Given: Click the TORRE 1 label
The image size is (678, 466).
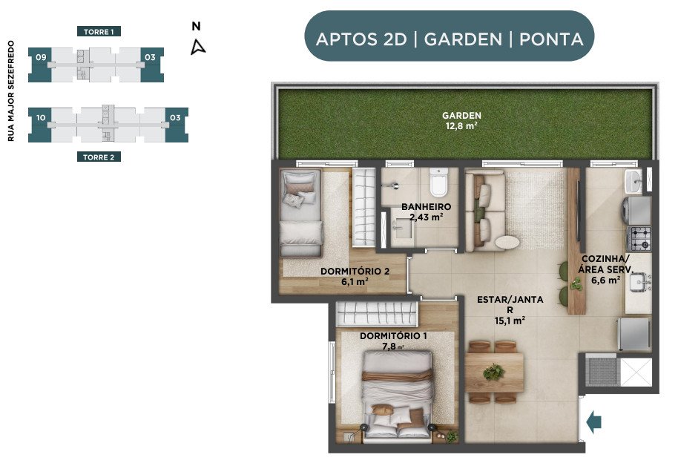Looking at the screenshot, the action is coord(99,32).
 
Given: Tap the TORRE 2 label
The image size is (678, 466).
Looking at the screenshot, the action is coord(99,157).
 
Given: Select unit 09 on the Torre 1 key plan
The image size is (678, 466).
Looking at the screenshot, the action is coord(40,65).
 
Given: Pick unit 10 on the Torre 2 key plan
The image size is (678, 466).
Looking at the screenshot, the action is coord(40,125).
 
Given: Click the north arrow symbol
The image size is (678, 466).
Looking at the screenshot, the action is coord(197,47).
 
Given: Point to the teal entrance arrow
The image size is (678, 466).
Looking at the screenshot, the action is coord(594,421).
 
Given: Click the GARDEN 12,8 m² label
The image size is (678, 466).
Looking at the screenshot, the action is coord(462,121).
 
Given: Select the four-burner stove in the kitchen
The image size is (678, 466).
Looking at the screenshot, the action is coord(639,238).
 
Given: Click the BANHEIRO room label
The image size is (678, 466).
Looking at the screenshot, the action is coord(426,207).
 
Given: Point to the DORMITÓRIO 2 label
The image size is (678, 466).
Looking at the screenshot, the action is coord(355,272).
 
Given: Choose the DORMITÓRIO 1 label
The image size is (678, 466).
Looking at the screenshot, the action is coord(393,335).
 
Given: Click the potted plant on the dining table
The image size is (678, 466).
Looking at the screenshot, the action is coord(493,371).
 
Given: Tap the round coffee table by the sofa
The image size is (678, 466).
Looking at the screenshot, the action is coord(507,243).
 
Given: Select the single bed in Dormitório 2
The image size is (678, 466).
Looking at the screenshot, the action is coord(301,213).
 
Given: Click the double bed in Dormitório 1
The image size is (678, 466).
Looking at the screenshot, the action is coord(397,397).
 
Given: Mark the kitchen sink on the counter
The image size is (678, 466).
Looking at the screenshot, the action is coord(638,283).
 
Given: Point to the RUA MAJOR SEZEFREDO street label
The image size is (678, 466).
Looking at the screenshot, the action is coord(11,91).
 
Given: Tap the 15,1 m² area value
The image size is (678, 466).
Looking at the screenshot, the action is coord(510,321).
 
